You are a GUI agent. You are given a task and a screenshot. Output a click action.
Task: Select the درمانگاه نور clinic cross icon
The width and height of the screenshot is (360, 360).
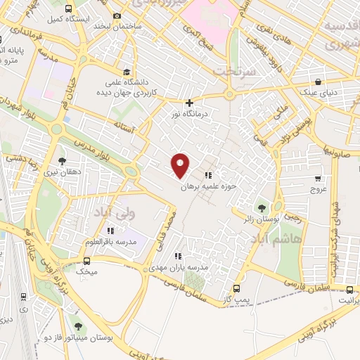click(x=189, y=103)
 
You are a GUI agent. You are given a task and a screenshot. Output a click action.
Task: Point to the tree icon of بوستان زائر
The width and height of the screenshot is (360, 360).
click(x=262, y=208)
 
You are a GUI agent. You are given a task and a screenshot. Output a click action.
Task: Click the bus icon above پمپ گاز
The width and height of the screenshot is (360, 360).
click(x=236, y=288)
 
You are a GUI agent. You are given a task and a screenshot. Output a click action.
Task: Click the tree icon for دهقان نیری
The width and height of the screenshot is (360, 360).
click(x=61, y=160)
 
